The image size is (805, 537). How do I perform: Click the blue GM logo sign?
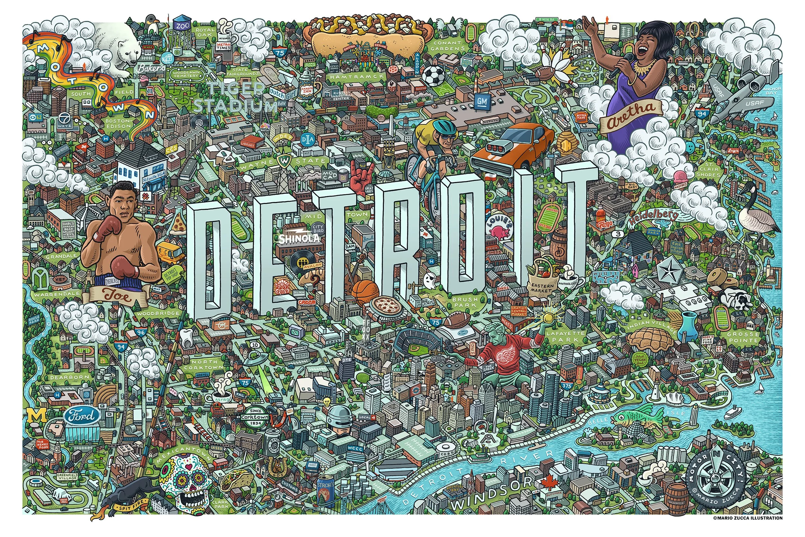point(482,102)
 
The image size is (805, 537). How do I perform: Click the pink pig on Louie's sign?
point(498,233)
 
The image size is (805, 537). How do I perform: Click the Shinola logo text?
point(299,238)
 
